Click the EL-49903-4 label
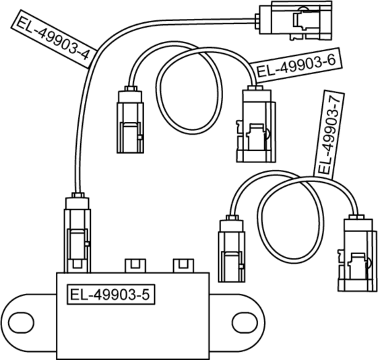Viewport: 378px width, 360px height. point(54,39)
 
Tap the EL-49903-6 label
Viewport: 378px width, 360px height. point(296,65)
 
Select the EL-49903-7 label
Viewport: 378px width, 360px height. point(329,135)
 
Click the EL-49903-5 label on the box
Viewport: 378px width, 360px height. point(111,295)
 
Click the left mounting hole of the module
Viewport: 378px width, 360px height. point(21,323)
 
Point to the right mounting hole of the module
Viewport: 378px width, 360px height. point(245,323)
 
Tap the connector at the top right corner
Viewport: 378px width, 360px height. point(294,21)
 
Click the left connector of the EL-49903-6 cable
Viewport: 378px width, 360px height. point(131,119)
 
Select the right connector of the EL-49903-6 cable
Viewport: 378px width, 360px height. point(256,123)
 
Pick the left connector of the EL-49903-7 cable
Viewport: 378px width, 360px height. point(232,249)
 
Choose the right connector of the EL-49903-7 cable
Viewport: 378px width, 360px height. point(357,253)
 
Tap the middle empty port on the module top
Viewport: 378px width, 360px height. point(135,266)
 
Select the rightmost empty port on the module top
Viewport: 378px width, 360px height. point(183,266)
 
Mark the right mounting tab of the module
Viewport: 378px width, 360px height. point(237,323)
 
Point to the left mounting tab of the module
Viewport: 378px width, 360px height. point(28,323)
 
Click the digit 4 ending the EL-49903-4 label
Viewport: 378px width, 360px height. point(84,55)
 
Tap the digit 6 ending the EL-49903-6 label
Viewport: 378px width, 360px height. point(332,60)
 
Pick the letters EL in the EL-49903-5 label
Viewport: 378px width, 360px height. point(77,295)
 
